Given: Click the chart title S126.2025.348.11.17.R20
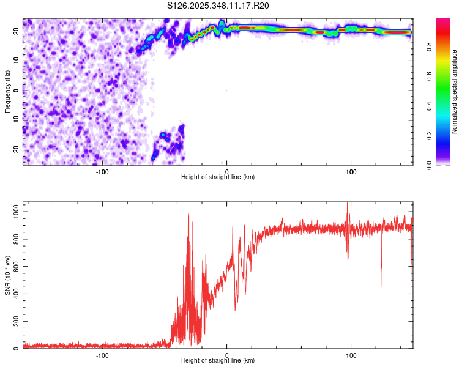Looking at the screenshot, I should pos(218,6).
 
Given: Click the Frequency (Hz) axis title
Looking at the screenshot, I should pos(7,91).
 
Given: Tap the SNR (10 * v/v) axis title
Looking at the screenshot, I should pos(7,275).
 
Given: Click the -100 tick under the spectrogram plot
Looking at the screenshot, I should pos(102,171).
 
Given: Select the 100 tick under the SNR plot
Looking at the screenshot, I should pos(351,355).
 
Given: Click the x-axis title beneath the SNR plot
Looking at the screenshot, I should pos(218,361).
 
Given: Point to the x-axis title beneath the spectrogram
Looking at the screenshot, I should pos(218,177).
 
